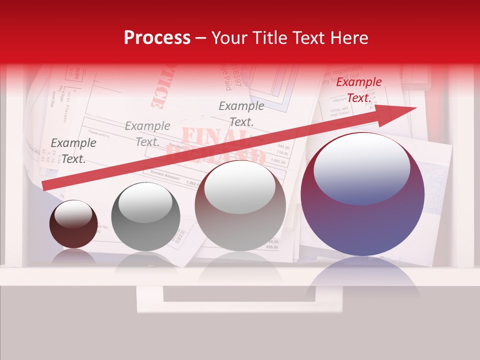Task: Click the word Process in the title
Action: pos(157,38)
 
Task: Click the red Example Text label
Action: pos(358,90)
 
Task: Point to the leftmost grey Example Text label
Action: pos(73,150)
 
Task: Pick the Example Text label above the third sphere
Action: pos(241,113)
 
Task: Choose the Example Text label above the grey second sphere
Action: pos(147,133)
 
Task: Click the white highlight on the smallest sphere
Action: pos(73,214)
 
